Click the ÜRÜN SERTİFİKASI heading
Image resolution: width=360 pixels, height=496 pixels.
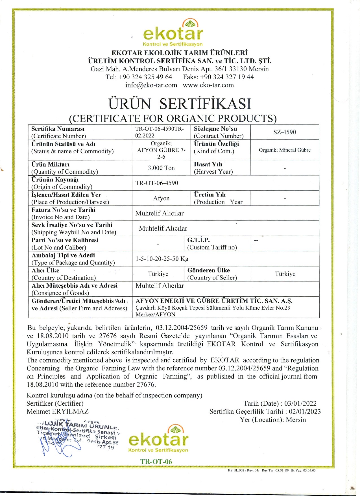[180, 104]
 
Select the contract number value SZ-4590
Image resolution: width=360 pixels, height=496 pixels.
[285, 132]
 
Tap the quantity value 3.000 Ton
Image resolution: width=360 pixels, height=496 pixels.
[161, 168]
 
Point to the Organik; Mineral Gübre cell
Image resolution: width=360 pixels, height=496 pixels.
[285, 150]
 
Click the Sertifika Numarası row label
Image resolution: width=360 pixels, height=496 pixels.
[58, 129]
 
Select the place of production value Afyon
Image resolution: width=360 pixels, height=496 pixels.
[161, 198]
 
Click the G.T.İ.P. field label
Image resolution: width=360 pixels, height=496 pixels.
[198, 240]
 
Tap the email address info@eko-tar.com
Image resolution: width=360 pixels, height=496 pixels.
[151, 85]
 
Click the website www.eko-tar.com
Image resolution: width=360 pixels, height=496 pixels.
[208, 85]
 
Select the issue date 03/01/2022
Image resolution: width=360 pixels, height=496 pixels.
[300, 403]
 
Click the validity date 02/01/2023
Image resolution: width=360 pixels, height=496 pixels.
[305, 412]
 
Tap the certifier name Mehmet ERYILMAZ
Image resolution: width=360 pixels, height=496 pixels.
[58, 411]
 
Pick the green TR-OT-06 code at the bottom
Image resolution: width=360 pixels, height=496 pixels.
[156, 462]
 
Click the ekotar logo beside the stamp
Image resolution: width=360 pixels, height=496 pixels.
[158, 439]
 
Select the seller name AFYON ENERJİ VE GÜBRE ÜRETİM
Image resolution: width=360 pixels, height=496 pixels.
[214, 301]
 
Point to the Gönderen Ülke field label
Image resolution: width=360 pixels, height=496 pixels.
[208, 270]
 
